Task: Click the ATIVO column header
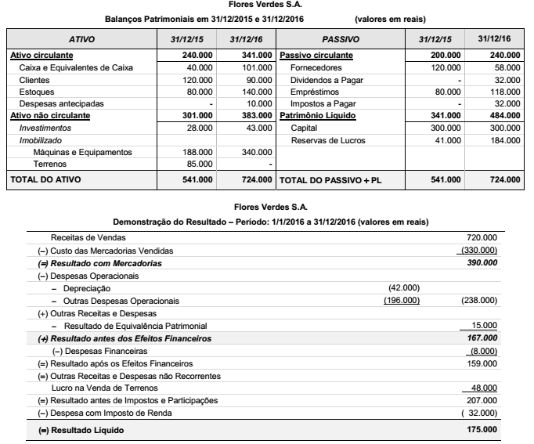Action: [88, 38]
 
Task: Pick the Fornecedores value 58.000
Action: [505, 68]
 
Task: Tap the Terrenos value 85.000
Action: [198, 164]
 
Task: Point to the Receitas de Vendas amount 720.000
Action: [480, 236]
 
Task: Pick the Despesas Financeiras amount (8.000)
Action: [482, 351]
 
